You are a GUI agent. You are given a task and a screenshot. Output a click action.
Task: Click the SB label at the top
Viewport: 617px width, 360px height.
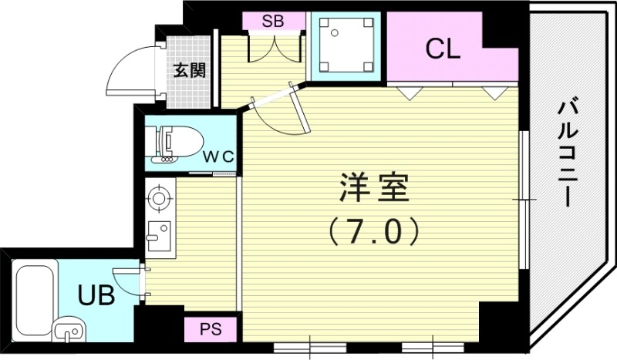coord(272,22)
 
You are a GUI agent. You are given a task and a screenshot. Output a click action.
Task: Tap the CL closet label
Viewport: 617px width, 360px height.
coord(443,49)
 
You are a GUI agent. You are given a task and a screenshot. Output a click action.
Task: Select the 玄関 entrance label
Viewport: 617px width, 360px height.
coord(189,71)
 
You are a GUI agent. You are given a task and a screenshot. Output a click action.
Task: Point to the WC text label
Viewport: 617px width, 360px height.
coord(219,156)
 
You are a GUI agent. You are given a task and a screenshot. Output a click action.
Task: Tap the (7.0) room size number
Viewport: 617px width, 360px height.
coord(373,230)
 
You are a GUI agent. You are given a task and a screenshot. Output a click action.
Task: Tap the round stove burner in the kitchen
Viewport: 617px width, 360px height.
coord(159,198)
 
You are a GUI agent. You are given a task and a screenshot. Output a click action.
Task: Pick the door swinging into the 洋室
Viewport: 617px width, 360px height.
coord(279,112)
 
